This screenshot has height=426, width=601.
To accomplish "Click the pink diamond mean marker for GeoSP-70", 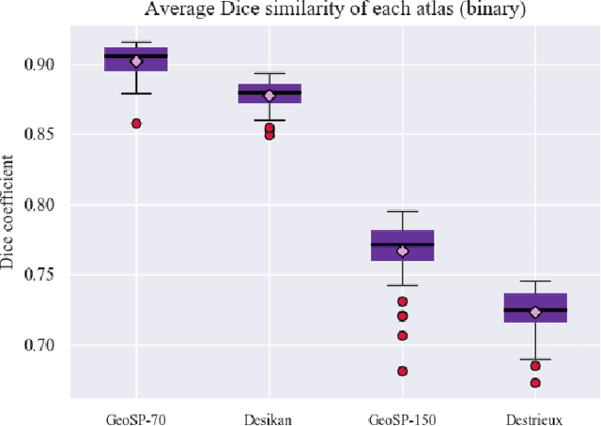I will [136, 62].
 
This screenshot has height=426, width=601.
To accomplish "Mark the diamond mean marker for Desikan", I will [270, 96].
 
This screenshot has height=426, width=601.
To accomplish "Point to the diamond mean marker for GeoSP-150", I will [402, 251].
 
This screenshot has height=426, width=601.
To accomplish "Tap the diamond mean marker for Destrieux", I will [535, 312].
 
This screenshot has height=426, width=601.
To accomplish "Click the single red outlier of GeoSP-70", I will [136, 124].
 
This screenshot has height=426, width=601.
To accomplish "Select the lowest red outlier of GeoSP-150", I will [402, 372].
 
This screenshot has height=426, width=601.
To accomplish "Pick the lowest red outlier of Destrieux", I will [535, 383].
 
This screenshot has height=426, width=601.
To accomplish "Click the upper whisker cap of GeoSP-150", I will [402, 211].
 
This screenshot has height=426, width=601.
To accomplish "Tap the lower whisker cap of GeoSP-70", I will [136, 94].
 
